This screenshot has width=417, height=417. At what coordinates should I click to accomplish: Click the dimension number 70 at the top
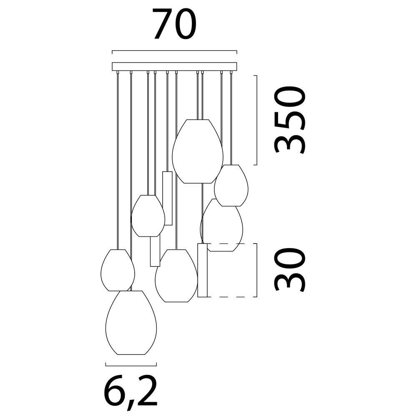click(x=174, y=23)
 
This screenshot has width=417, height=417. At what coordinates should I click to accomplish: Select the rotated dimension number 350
click(x=289, y=120)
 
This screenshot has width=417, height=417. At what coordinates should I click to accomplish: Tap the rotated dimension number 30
click(x=289, y=270)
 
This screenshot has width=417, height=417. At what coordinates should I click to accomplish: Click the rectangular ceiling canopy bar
click(x=174, y=66)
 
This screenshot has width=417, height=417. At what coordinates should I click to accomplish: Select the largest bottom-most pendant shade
click(x=131, y=323)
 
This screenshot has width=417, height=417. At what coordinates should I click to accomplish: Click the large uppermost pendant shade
click(x=198, y=151)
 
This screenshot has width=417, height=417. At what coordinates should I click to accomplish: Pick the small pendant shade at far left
click(x=118, y=270)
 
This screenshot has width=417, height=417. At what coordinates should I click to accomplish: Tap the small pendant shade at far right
click(x=231, y=186)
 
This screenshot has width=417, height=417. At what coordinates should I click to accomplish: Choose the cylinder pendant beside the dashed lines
click(x=202, y=270)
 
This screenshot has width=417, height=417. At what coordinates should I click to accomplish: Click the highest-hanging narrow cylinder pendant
click(x=167, y=198)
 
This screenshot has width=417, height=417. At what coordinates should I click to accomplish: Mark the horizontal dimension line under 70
click(x=174, y=50)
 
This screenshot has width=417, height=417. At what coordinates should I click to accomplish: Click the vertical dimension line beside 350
click(x=256, y=120)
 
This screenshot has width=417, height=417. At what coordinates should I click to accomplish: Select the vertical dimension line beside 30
click(x=256, y=270)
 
